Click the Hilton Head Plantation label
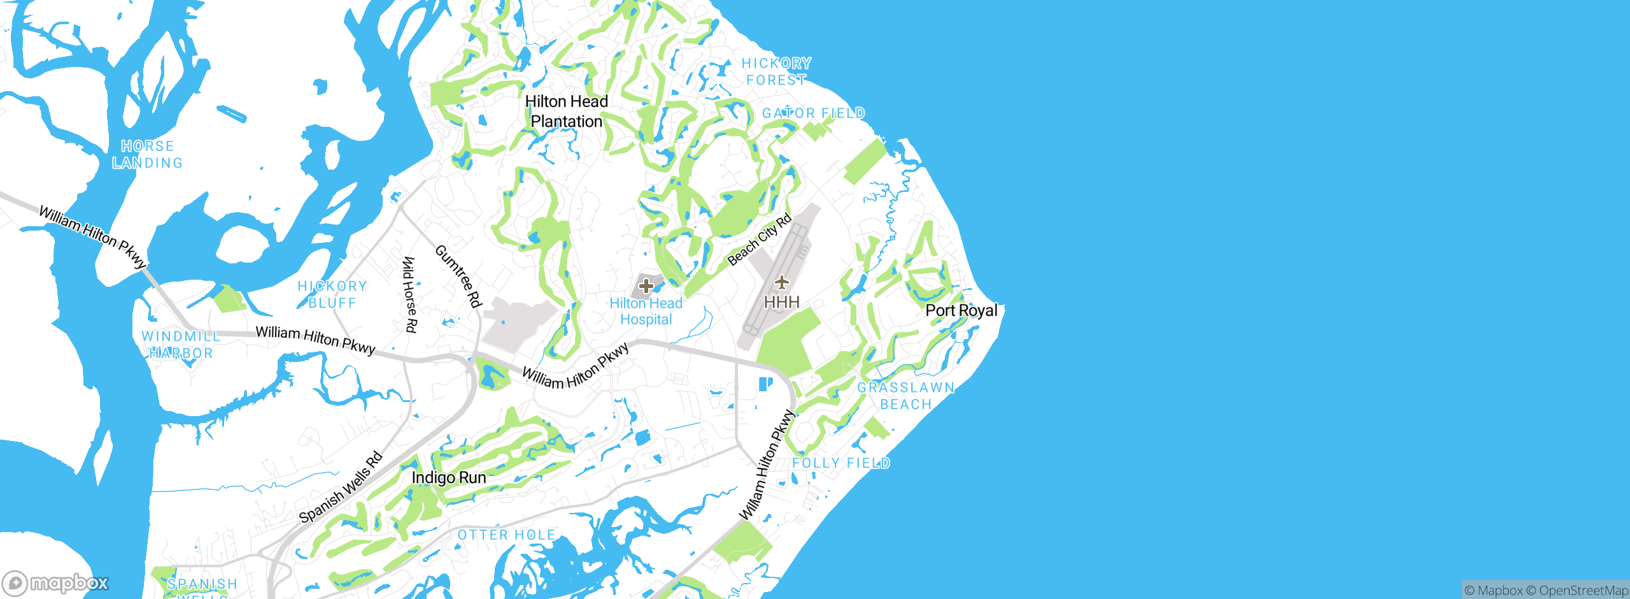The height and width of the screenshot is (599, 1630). click(566, 112)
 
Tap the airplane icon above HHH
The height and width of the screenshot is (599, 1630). click(782, 282)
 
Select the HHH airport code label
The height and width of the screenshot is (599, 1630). click(782, 301)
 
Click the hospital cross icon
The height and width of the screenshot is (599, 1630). click(646, 286)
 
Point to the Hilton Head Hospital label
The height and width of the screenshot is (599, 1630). click(646, 312)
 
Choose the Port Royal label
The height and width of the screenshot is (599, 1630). click(961, 310)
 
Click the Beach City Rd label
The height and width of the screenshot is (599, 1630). click(760, 240)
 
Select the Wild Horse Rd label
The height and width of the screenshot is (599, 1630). click(411, 294)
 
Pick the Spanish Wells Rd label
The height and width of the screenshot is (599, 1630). click(341, 487)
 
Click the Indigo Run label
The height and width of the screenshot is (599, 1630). click(449, 477)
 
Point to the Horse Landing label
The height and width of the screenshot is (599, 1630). click(148, 155)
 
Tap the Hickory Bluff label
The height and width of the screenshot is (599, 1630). click(332, 294)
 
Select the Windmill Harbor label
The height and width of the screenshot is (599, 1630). click(181, 345)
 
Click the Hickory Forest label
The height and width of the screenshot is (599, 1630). click(776, 71)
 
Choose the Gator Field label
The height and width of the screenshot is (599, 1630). click(813, 113)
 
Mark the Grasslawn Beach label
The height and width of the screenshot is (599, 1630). click(905, 396)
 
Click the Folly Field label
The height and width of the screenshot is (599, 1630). click(841, 463)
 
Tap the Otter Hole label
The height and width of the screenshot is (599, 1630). click(507, 535)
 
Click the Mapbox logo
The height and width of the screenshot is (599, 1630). click(56, 582)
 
